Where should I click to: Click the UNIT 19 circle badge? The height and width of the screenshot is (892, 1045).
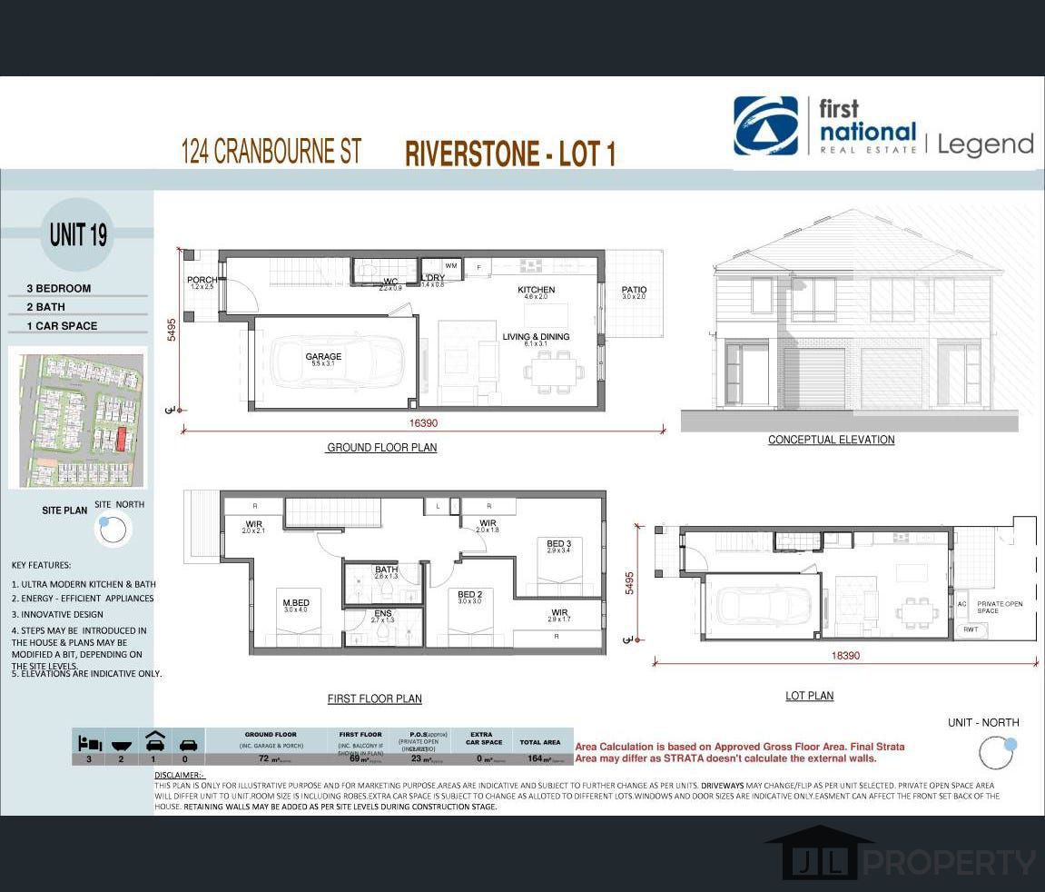point(78,234)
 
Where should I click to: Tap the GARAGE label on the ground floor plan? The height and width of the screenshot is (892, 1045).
point(323,357)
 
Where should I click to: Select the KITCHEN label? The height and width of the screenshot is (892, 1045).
point(536,291)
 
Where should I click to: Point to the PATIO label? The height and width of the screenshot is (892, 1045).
point(634,291)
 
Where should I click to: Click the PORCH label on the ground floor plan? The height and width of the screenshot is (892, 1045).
point(202,280)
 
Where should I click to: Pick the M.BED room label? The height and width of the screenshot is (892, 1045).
point(297,603)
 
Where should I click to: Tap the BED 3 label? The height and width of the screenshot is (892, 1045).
point(558,544)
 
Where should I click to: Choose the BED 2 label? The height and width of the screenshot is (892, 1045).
point(469,595)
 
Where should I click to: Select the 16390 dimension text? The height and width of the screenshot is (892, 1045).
point(424,423)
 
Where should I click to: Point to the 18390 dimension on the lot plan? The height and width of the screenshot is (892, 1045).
point(845,655)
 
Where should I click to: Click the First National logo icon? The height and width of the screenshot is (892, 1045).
point(765,126)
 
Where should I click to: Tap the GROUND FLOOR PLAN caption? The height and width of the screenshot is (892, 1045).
point(381,448)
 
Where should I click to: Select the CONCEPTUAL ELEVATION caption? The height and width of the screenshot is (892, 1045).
point(831,440)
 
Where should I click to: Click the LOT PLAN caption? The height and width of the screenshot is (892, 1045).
point(809,696)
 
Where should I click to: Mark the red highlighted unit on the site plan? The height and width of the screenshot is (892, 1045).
point(120,440)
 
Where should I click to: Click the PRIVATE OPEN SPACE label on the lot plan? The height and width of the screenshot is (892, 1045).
point(1000,607)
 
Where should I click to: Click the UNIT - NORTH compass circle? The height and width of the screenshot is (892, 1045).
point(996,752)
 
